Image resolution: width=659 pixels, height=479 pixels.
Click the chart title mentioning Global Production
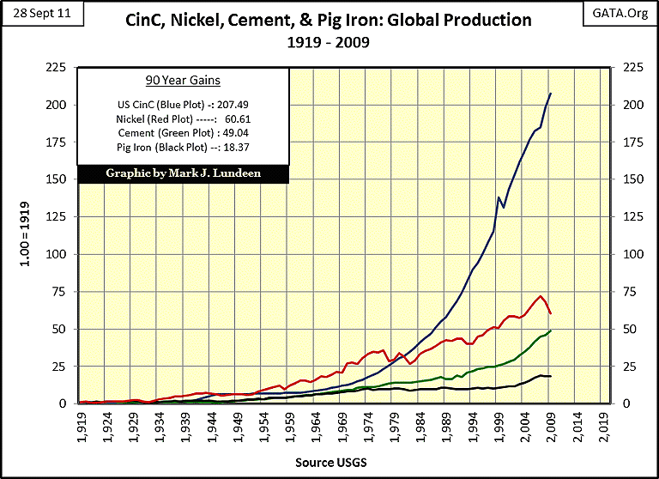(x=329, y=19)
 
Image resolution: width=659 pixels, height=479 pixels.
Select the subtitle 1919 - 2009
(x=329, y=41)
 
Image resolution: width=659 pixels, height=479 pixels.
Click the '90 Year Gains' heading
(x=182, y=81)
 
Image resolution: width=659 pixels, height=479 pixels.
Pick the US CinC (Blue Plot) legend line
(x=182, y=104)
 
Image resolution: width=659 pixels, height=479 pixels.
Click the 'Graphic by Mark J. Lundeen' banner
(x=182, y=173)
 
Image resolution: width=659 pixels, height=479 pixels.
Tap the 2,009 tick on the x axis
(x=551, y=427)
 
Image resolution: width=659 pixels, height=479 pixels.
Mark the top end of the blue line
(x=551, y=93)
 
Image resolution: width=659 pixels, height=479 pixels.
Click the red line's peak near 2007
(x=540, y=297)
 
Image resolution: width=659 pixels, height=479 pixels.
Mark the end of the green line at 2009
(x=551, y=330)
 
